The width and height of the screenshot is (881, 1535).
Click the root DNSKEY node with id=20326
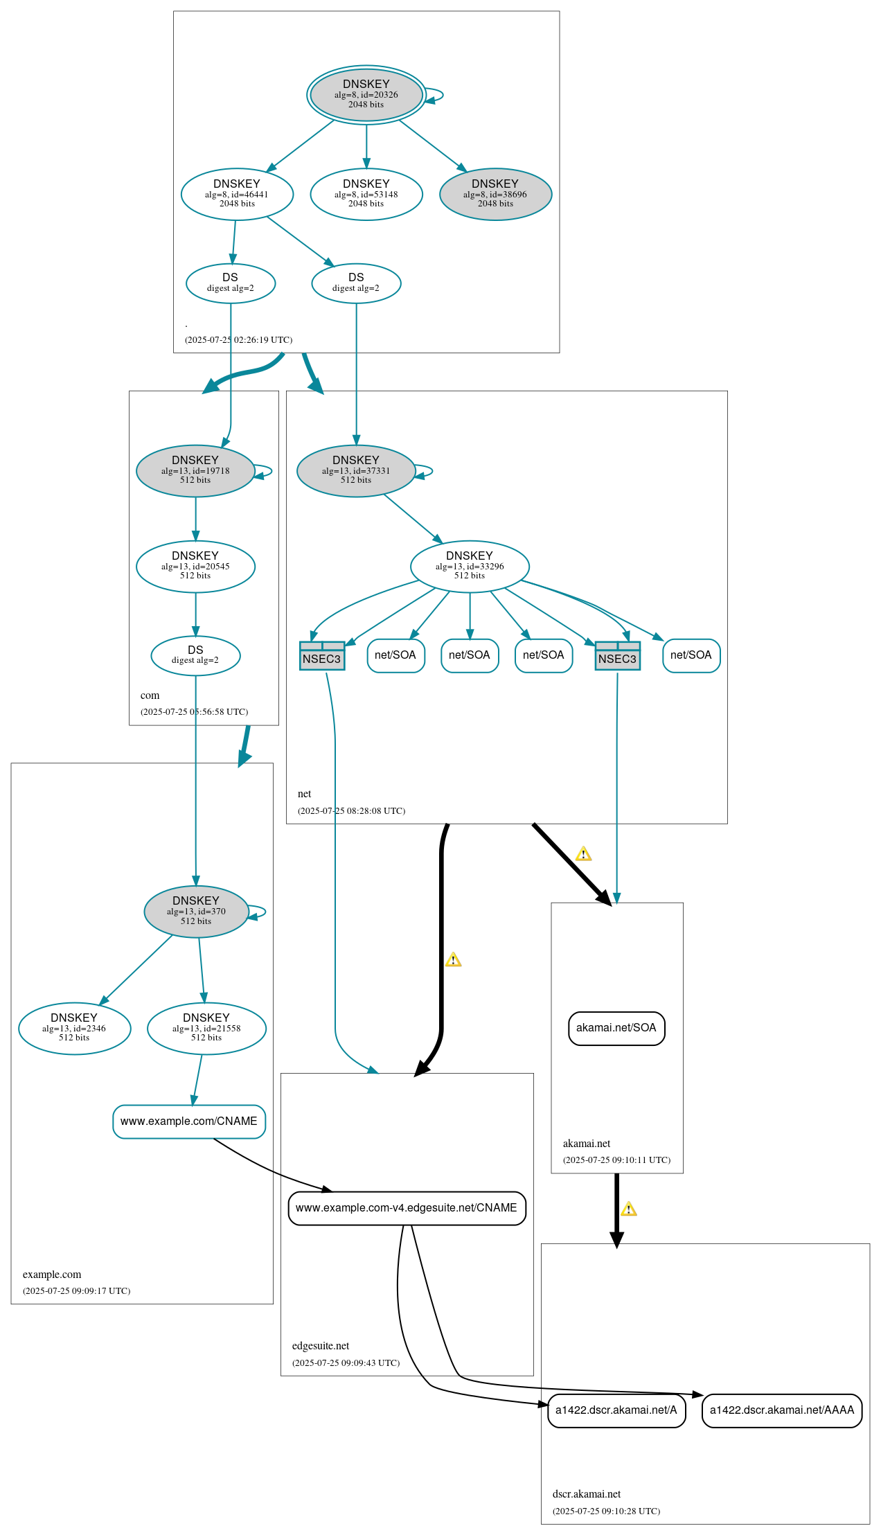(x=366, y=95)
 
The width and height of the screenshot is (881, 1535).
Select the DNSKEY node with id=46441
(x=237, y=194)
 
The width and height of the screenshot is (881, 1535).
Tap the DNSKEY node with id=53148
(x=366, y=194)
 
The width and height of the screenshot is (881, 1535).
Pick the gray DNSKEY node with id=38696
(x=495, y=194)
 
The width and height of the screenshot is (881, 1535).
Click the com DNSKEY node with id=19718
(x=195, y=470)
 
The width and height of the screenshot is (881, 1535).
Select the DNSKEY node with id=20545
(x=195, y=566)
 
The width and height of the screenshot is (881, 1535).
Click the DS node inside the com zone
(x=195, y=655)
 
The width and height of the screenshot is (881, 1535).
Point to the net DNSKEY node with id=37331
(x=355, y=470)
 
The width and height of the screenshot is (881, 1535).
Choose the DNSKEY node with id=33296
(x=470, y=566)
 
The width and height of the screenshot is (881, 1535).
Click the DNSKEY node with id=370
(x=196, y=912)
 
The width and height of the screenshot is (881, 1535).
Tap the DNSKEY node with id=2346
(x=74, y=1028)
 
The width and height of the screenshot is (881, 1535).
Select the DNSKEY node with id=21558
(x=206, y=1028)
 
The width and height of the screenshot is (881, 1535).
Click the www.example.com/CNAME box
(x=189, y=1121)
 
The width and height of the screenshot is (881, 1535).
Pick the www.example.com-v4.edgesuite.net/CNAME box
(x=407, y=1207)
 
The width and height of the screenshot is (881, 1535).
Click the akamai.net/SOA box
(x=616, y=1028)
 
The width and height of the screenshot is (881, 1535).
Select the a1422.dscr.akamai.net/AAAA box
(x=782, y=1410)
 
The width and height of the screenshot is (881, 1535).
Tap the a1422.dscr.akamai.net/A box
(x=616, y=1410)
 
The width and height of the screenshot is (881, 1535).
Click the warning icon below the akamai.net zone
(x=628, y=1209)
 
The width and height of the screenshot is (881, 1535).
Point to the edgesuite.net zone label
(x=321, y=1346)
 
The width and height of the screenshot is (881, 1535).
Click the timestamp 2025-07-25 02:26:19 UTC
(x=238, y=340)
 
